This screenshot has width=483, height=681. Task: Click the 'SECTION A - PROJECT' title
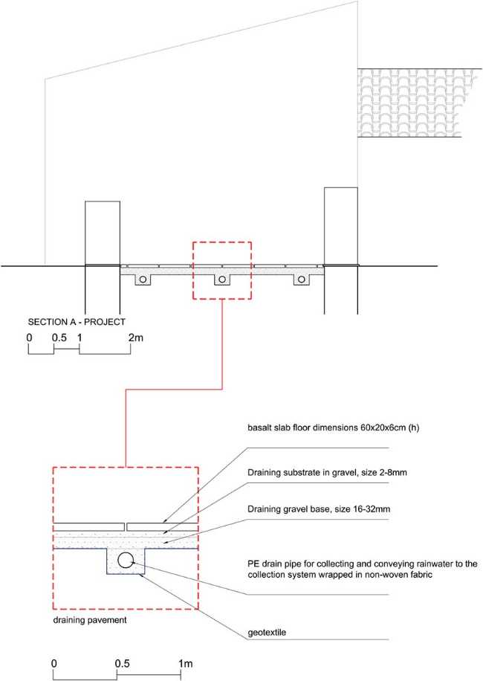77,322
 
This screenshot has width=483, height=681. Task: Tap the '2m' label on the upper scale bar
136,338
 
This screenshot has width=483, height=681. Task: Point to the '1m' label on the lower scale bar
185,664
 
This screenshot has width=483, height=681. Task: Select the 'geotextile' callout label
267,633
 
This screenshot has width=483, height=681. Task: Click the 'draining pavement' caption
90,620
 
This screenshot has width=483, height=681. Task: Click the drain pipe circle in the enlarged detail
126,561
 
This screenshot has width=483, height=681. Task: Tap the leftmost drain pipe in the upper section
143,280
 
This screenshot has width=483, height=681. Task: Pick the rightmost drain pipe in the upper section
301,280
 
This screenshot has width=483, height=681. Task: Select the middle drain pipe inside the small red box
221,280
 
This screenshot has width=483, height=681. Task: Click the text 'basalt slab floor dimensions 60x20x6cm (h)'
334,427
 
